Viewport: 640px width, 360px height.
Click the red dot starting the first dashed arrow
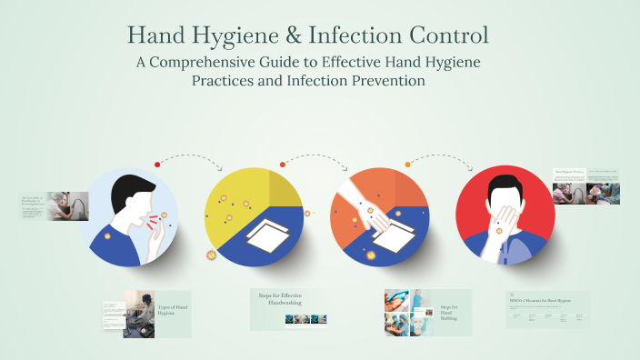tap(157, 165)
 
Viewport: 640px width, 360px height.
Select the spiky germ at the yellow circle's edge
tap(212, 255)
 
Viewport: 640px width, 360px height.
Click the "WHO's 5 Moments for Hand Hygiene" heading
tap(545, 300)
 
